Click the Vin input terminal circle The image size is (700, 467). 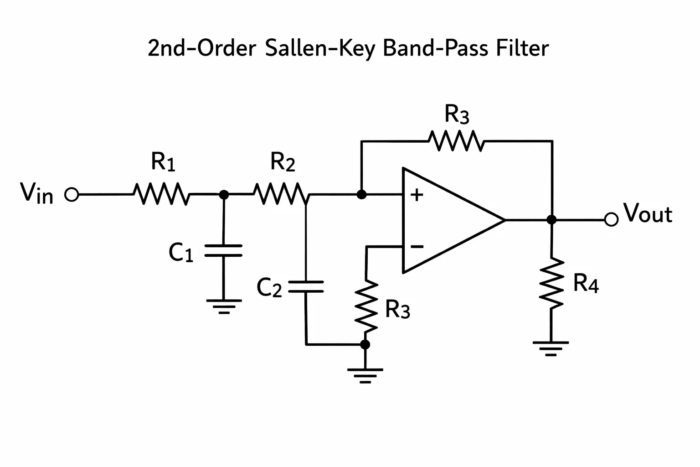72,195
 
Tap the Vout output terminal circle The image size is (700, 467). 611,219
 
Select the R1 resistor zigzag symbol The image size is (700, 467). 162,194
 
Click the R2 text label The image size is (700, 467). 283,162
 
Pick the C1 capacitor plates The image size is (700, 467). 223,250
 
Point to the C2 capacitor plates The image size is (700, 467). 306,286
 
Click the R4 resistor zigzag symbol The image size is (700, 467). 551,283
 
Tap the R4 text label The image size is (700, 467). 586,283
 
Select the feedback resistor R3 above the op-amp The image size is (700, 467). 457,141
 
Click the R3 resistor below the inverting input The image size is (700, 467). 366,306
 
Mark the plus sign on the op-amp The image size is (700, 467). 417,195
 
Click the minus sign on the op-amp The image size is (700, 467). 417,247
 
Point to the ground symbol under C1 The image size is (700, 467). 224,306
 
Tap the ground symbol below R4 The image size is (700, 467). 551,349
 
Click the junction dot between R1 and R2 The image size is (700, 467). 224,195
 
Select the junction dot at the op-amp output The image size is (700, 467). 551,219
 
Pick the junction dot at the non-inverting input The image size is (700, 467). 361,195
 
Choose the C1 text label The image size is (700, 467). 181,252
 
